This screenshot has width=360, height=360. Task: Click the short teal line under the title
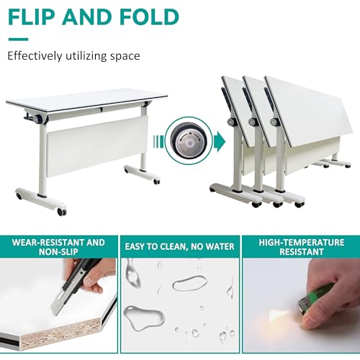[19, 39]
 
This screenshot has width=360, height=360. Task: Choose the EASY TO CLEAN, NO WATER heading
[179, 248]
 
